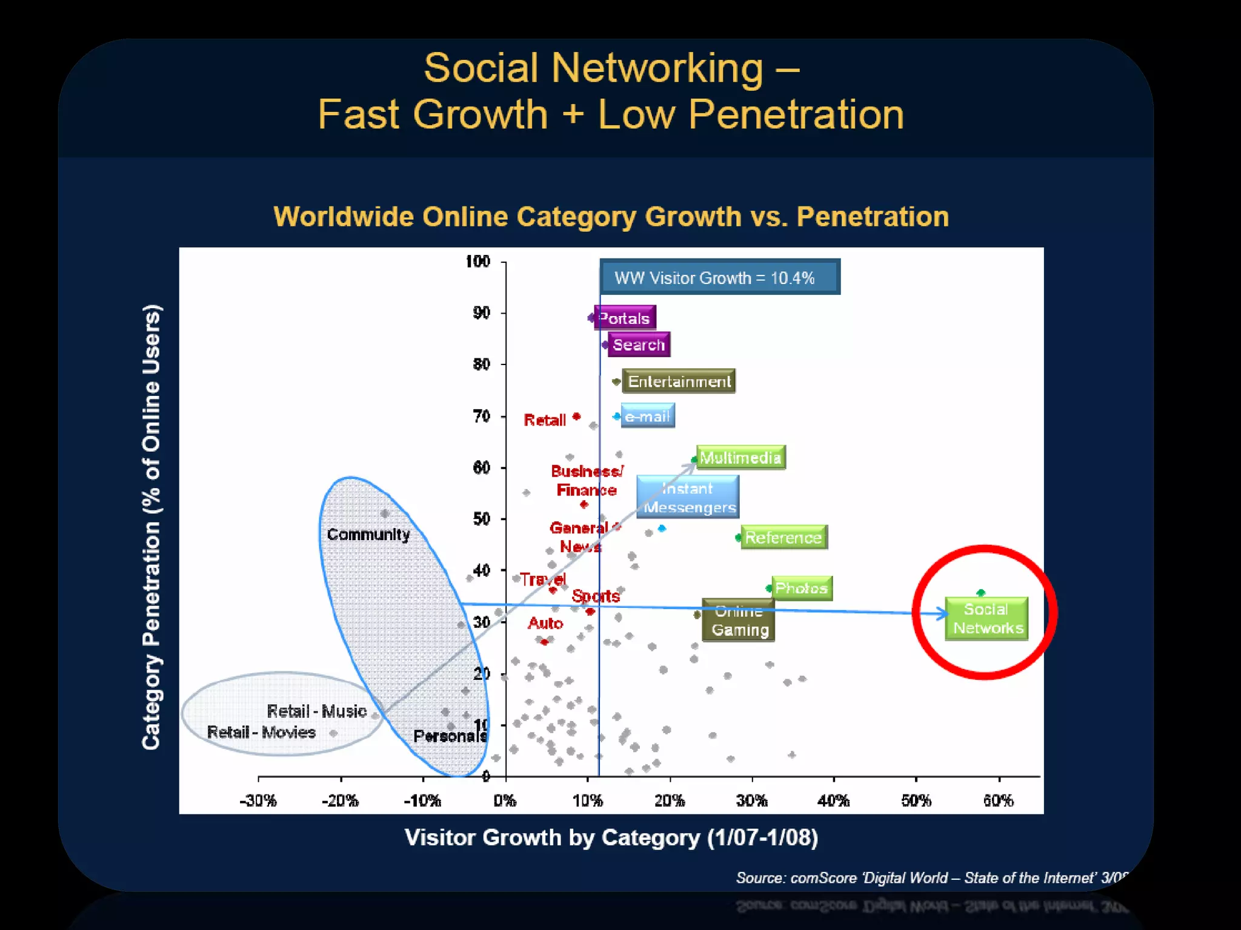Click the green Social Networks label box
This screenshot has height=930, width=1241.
tap(986, 618)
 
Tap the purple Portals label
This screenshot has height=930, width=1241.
tap(625, 317)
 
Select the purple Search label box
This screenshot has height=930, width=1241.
tap(639, 345)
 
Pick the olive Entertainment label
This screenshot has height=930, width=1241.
tap(679, 381)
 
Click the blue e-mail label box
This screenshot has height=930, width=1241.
tap(647, 416)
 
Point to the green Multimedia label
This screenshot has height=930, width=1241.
tap(740, 457)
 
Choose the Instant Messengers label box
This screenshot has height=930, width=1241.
tap(688, 497)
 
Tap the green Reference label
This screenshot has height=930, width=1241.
tap(784, 537)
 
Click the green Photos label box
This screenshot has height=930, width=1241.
tap(802, 588)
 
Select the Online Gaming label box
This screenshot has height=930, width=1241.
tap(739, 621)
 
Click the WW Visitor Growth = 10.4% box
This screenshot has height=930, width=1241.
tap(720, 277)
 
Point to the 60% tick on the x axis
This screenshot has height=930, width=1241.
tap(998, 800)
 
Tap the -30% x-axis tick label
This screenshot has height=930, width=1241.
tap(258, 800)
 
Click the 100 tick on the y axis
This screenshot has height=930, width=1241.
tap(477, 262)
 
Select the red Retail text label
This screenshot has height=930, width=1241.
tap(544, 420)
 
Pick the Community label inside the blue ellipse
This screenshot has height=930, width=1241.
tap(368, 534)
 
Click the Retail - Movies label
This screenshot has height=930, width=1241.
tap(261, 732)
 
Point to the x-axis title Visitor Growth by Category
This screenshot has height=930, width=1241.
tap(611, 837)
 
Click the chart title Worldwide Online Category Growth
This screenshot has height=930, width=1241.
tap(611, 216)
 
